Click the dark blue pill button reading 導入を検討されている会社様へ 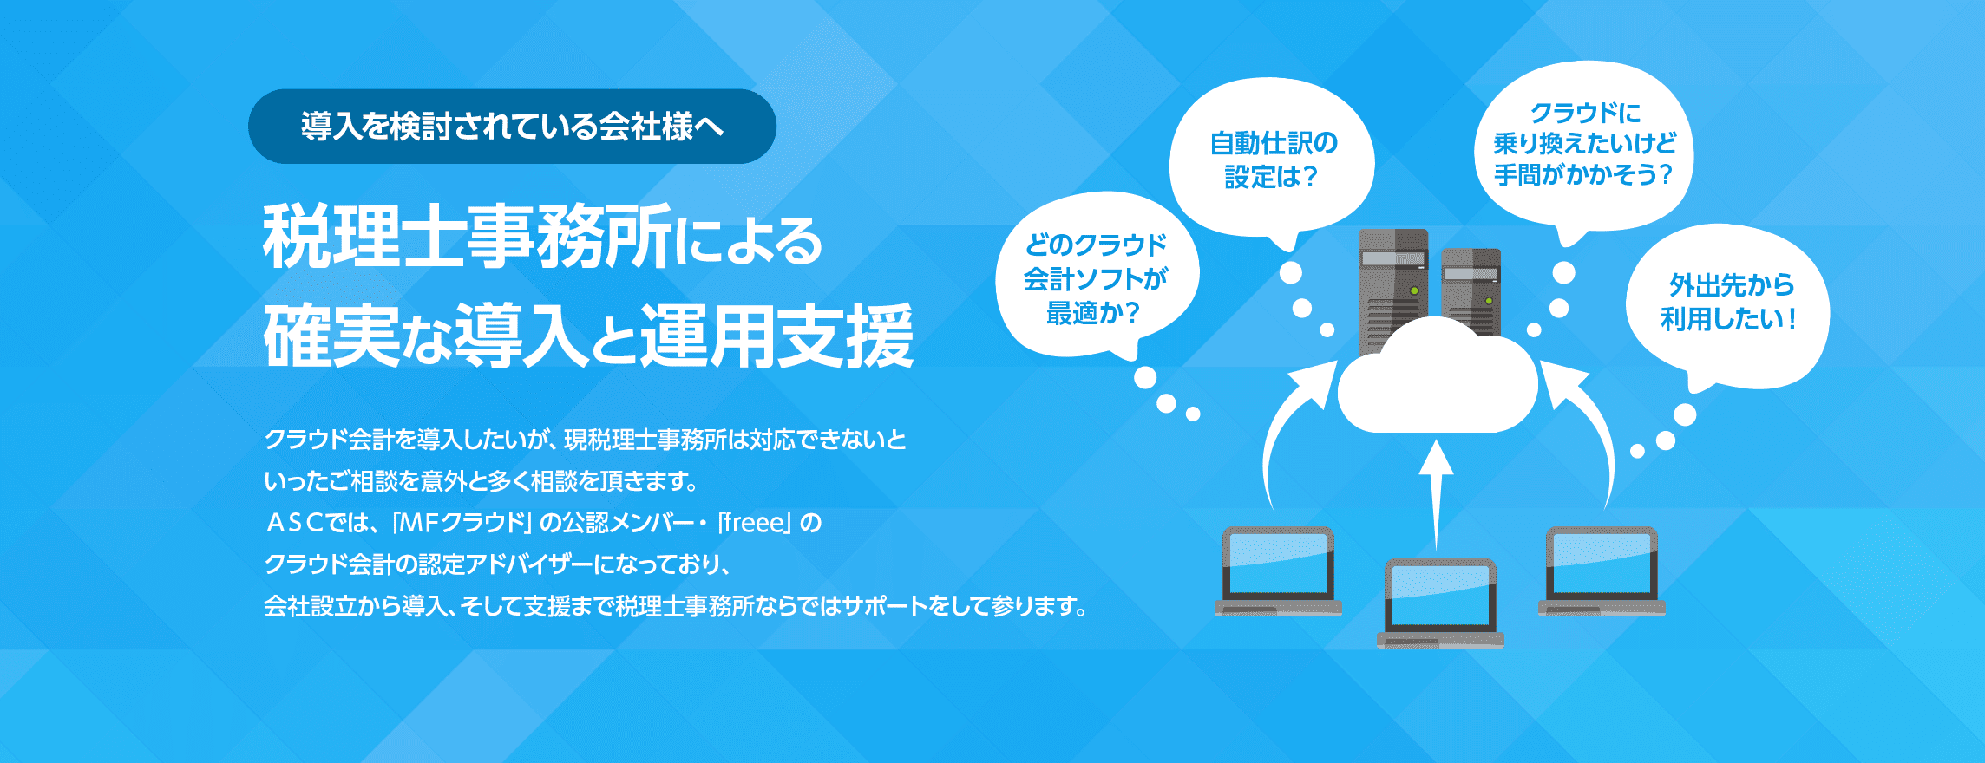click(512, 127)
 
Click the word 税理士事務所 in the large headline click(468, 237)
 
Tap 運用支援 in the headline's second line click(776, 336)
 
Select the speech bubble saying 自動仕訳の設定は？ click(1272, 156)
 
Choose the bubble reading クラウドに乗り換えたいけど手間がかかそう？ click(1583, 143)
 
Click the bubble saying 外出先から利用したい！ click(1727, 303)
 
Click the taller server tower click(1392, 290)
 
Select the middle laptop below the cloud click(1440, 603)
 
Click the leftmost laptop click(1278, 572)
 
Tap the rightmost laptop click(1602, 572)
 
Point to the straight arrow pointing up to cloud click(1436, 494)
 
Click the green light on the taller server click(1414, 290)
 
